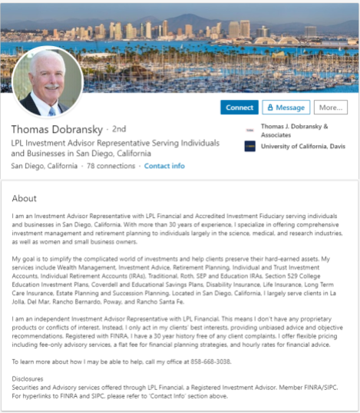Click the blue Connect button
(x=240, y=107)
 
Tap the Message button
(x=286, y=107)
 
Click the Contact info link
(x=164, y=167)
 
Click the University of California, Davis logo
(x=249, y=146)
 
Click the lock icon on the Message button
(x=270, y=107)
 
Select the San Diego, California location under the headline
(x=45, y=167)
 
